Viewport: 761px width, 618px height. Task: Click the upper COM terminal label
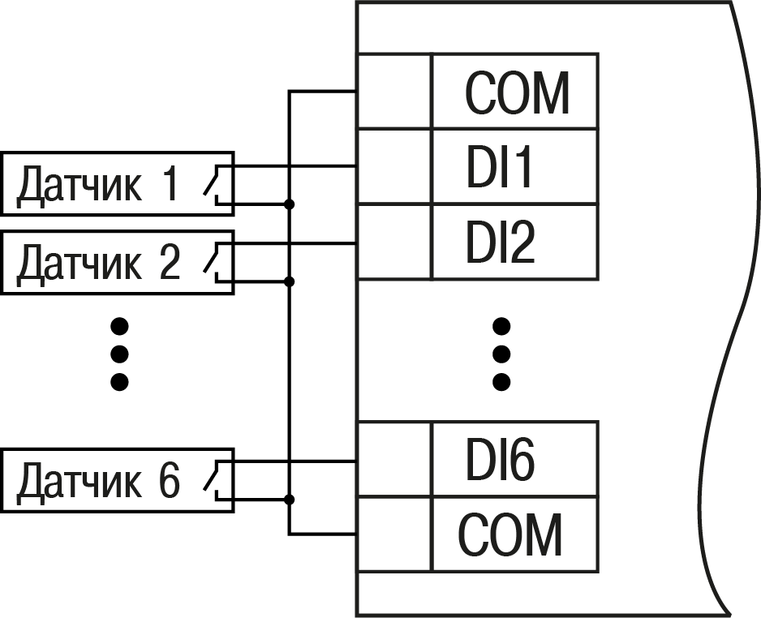517,92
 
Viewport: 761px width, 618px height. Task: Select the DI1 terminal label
500,168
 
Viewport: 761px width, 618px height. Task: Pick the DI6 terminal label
500,461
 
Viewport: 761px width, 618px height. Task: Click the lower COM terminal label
510,534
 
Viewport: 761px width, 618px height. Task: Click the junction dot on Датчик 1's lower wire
290,204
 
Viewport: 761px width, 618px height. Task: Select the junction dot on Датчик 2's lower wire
290,281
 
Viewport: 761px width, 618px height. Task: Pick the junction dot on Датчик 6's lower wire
290,499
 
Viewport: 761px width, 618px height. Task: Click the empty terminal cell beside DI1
394,166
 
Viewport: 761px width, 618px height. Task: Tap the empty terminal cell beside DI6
394,459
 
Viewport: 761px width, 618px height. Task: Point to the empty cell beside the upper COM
394,92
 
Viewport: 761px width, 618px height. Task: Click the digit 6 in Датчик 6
168,480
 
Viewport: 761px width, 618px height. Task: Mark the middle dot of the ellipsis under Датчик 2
120,354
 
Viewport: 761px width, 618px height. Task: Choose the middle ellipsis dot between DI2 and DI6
501,354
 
